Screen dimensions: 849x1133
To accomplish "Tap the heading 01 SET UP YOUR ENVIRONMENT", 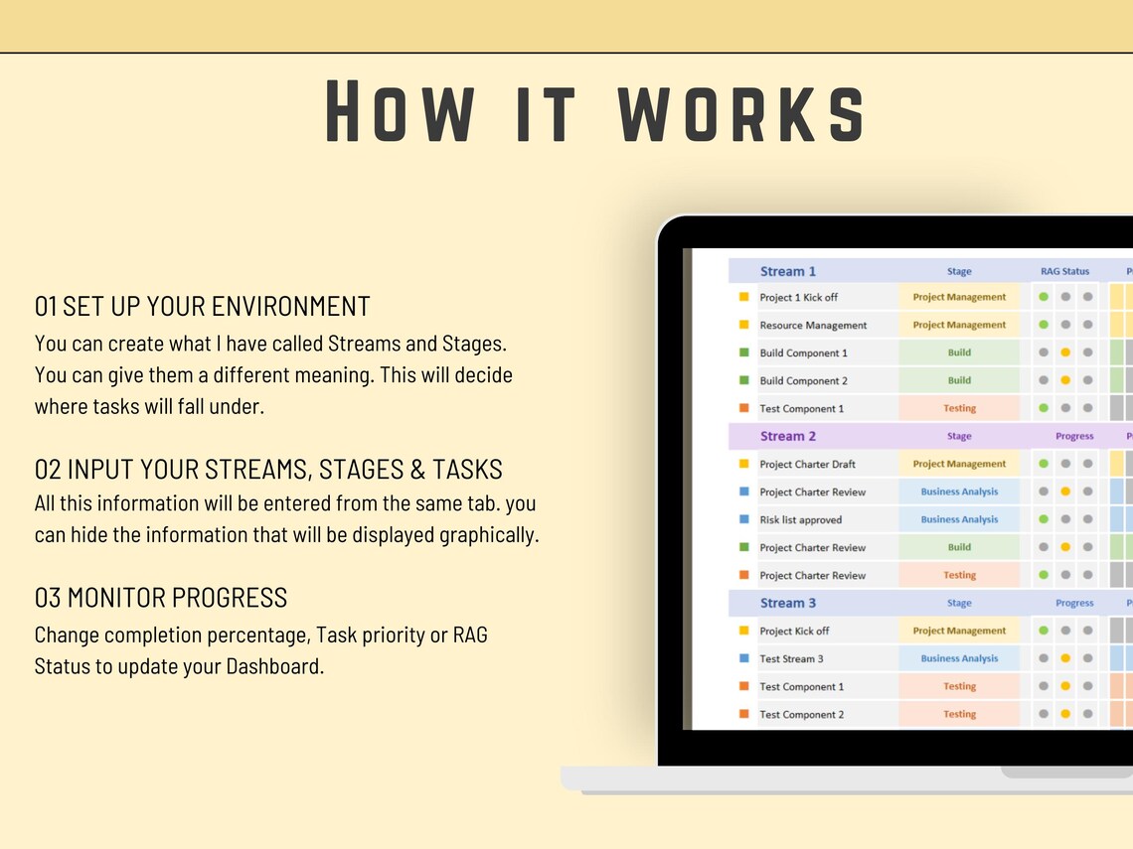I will [x=203, y=306].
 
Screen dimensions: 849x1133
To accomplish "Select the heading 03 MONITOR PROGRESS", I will [x=161, y=598].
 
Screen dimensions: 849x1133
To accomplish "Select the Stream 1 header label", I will [x=788, y=271].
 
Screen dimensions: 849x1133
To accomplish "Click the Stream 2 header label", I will [x=788, y=436].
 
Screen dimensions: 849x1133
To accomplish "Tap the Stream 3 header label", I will [x=788, y=603].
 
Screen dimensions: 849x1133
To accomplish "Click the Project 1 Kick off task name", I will [x=798, y=297].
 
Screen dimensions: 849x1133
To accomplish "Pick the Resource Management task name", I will [x=813, y=325].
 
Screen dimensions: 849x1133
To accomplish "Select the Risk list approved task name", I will [x=800, y=519].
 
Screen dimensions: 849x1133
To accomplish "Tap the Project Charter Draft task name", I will [x=807, y=464].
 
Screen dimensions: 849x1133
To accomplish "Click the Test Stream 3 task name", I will [x=791, y=658].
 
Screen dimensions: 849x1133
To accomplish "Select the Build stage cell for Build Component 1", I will [x=959, y=353].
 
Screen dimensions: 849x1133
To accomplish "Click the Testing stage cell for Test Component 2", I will [x=959, y=714].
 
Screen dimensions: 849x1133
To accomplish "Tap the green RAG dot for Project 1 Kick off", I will [x=1044, y=297].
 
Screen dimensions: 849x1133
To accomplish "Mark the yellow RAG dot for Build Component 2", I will [x=1065, y=380].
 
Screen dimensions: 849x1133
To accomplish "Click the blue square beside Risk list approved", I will [x=744, y=519].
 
